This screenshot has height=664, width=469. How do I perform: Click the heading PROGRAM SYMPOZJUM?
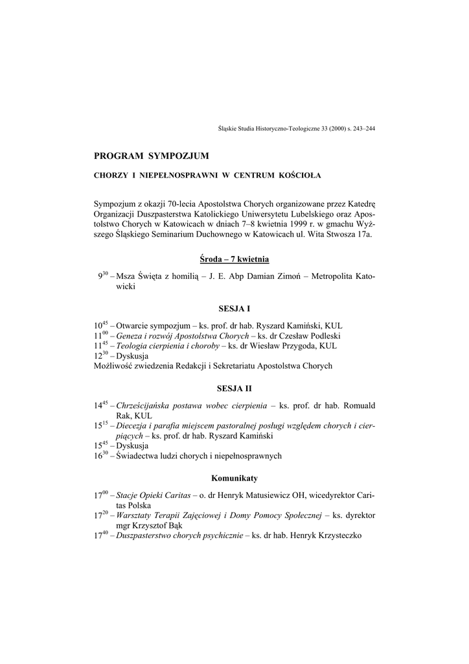pos(152,156)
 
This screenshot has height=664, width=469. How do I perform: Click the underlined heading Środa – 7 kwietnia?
pos(234,259)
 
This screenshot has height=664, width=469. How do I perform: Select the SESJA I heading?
pos(234,309)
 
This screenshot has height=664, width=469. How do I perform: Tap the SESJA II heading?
pos(234,388)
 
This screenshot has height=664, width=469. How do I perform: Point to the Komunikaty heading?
pos(234,478)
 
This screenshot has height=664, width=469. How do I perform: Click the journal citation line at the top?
pos(297,128)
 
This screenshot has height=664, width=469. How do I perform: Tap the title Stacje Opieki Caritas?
pos(153,495)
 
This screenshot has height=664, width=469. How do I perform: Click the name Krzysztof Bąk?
pos(156,525)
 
